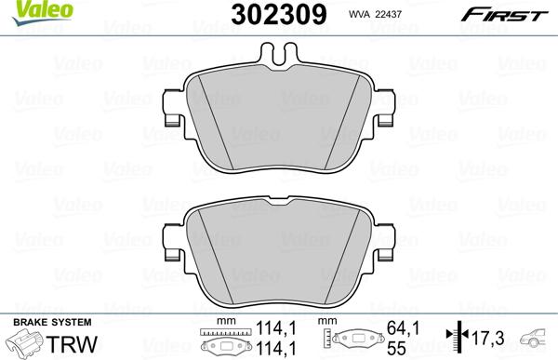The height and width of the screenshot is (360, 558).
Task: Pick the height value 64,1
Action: point(396,328)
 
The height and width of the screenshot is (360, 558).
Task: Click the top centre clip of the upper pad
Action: point(279,57)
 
